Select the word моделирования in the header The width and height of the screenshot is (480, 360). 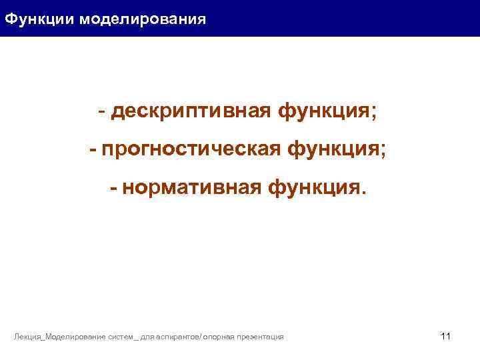(x=143, y=19)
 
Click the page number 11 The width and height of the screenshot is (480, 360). (x=446, y=336)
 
